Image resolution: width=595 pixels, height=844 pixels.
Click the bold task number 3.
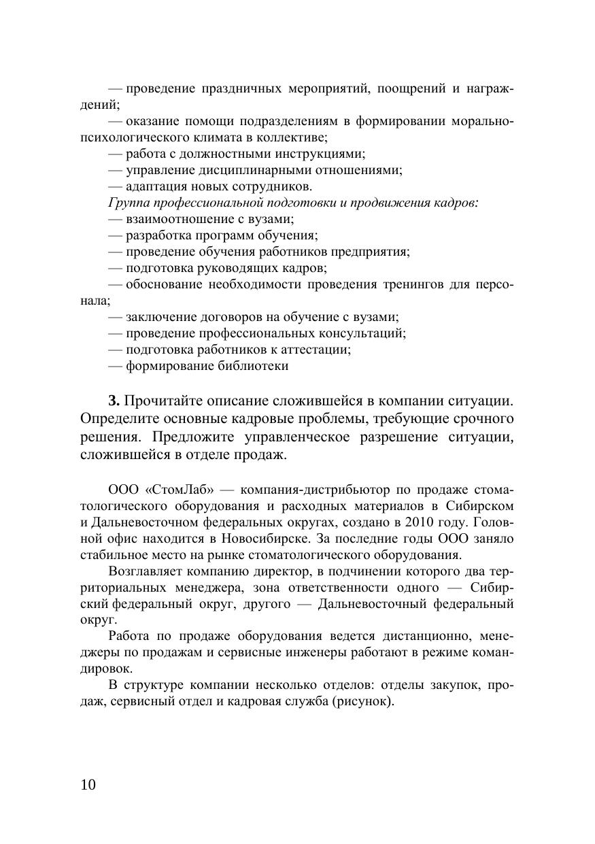[114, 400]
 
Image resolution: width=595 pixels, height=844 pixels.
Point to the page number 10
[88, 785]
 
